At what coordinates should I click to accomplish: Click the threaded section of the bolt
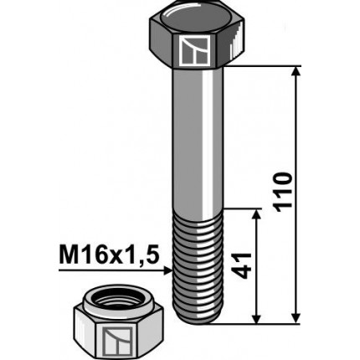click(x=199, y=264)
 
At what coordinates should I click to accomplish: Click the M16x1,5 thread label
click(x=109, y=254)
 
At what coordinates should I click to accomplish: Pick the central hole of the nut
click(x=113, y=299)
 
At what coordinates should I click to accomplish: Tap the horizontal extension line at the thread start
click(x=243, y=208)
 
